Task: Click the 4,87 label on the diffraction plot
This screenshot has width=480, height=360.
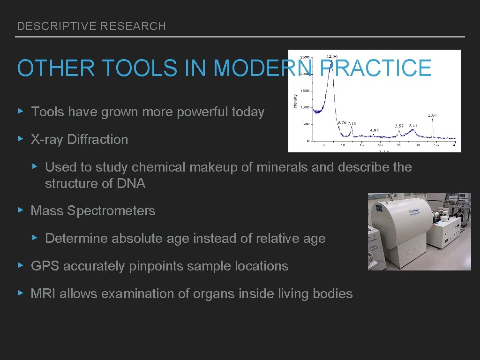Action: click(375, 130)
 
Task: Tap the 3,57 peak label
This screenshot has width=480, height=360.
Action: click(399, 126)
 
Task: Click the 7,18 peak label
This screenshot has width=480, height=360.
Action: click(352, 123)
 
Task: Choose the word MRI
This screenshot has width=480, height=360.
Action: click(43, 294)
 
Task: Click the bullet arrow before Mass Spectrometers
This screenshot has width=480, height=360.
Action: click(20, 210)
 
